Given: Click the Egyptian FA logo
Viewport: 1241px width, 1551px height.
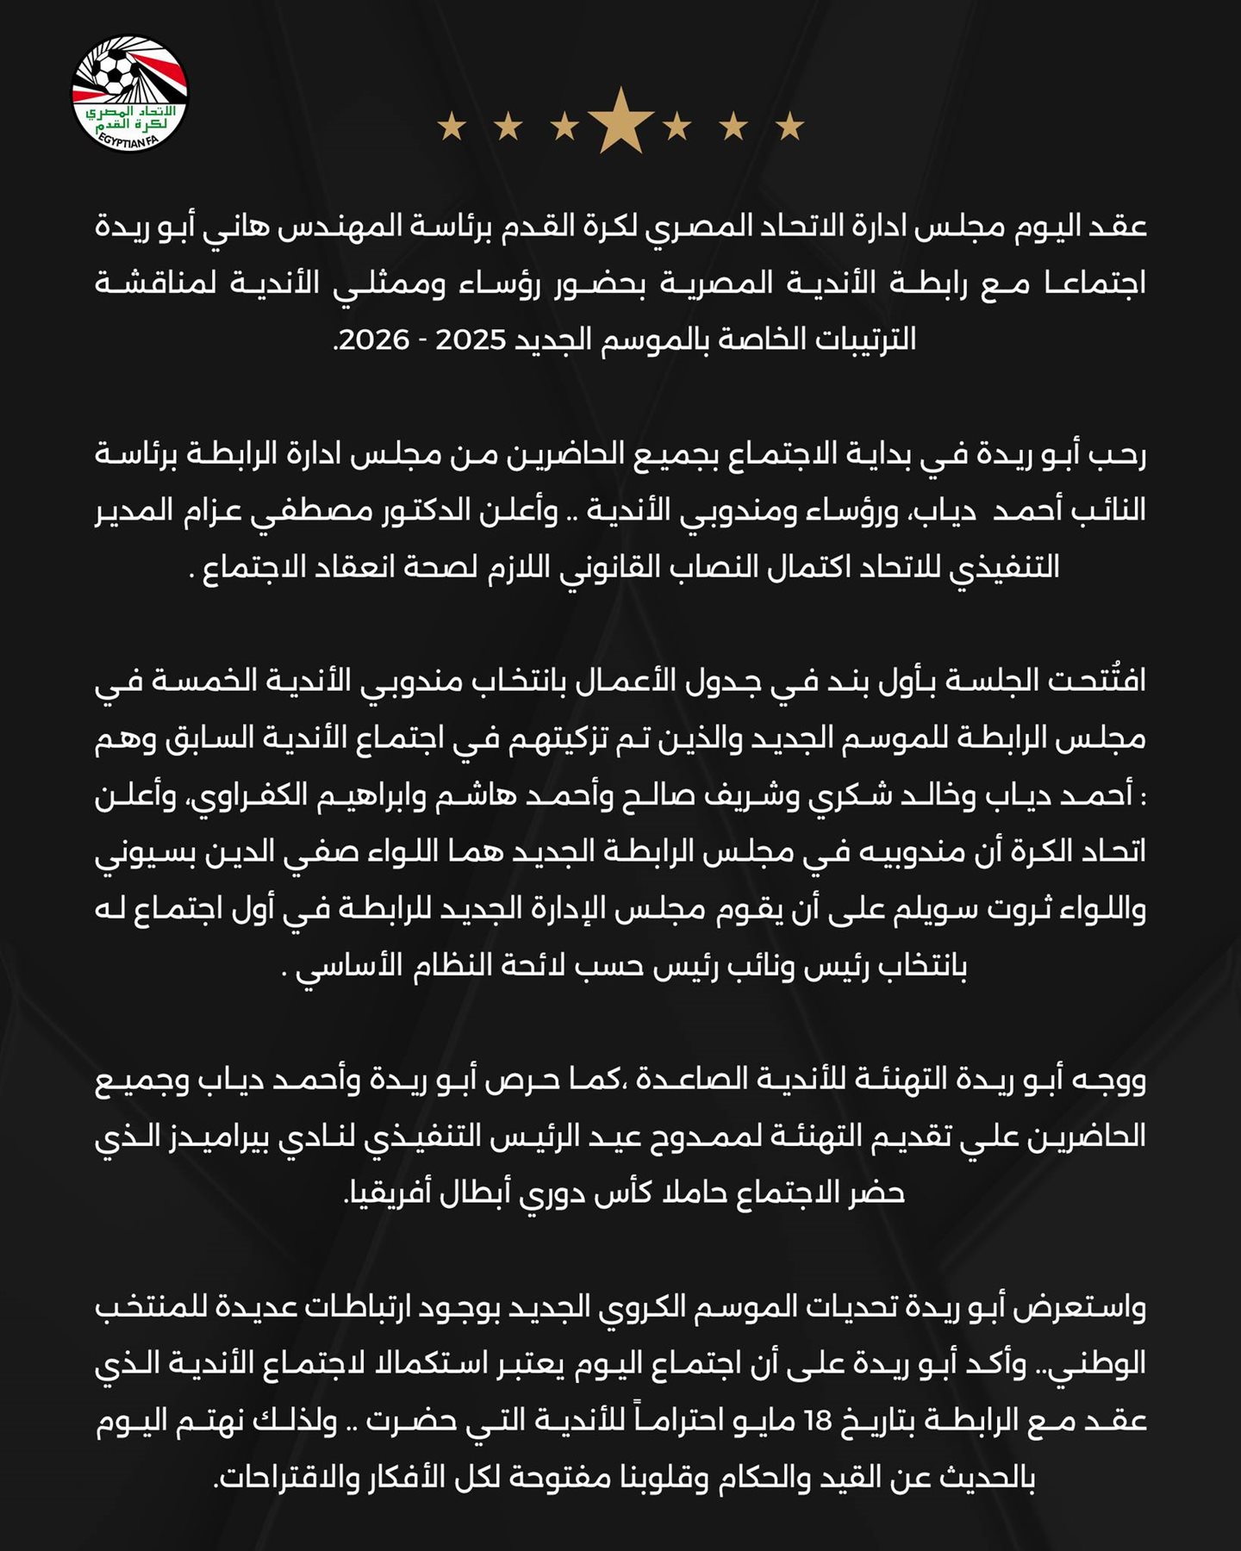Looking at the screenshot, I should pyautogui.click(x=129, y=92).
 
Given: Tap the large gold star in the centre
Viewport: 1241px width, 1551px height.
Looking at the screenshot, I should pyautogui.click(x=620, y=122).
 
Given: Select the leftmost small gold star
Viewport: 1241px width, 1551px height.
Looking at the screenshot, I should pyautogui.click(x=452, y=128).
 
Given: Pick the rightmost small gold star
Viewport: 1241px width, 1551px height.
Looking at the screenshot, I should pyautogui.click(x=789, y=128).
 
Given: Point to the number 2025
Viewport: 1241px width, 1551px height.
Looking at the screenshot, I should pyautogui.click(x=471, y=340).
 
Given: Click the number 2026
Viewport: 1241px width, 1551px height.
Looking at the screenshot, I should pyautogui.click(x=375, y=340).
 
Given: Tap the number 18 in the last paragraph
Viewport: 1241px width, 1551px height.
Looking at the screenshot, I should pyautogui.click(x=815, y=1420).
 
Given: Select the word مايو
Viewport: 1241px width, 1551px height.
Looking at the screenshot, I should pyautogui.click(x=768, y=1420).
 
